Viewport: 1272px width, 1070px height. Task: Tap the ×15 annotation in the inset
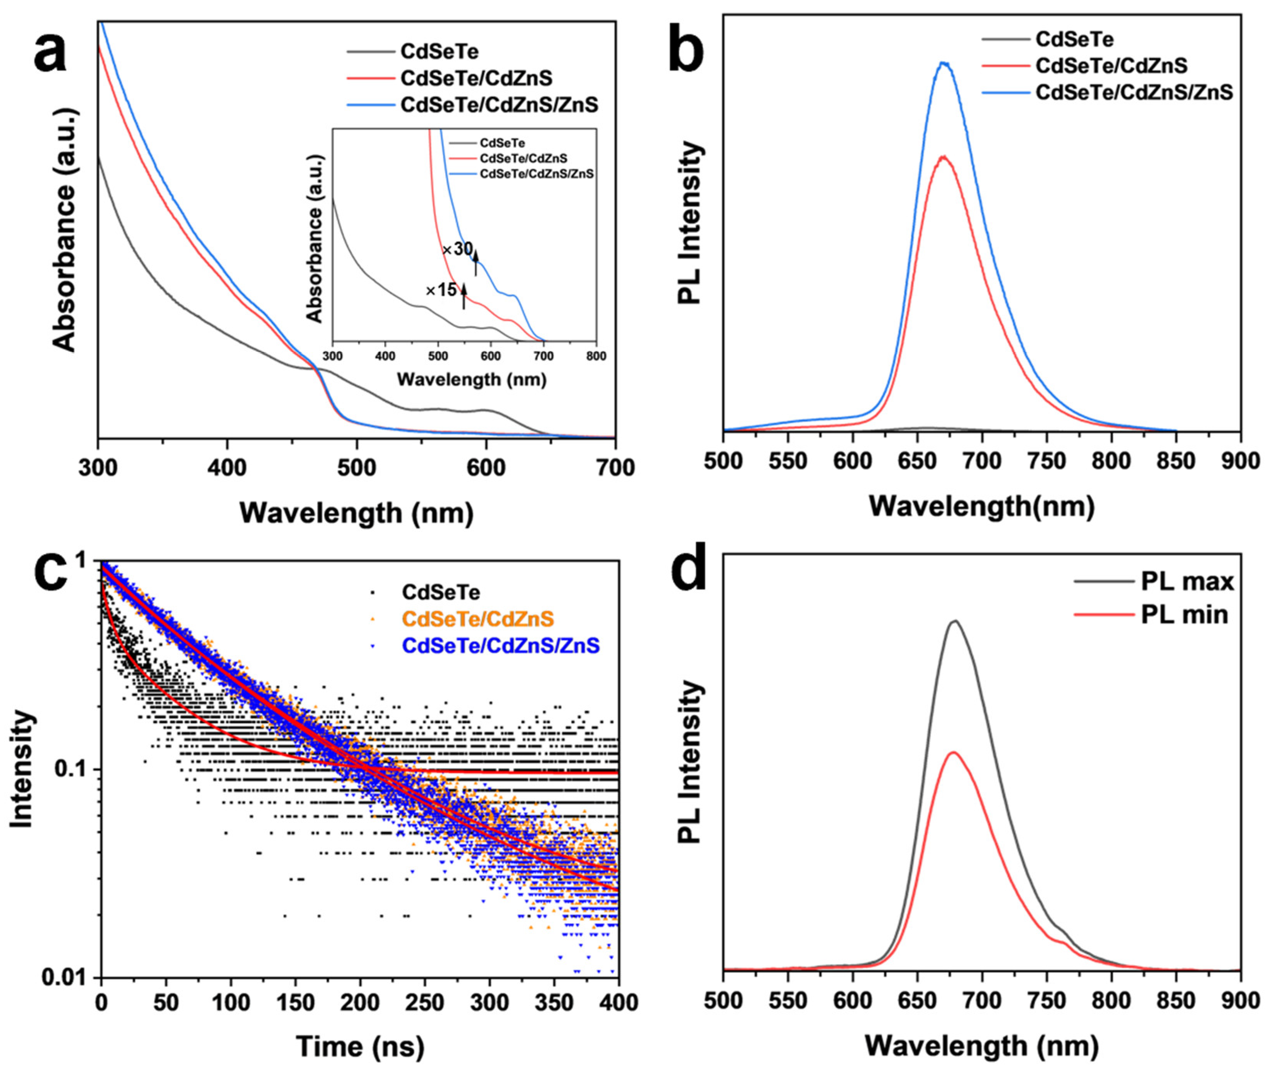tap(441, 290)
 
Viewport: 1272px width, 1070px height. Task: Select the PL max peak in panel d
tap(956, 621)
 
